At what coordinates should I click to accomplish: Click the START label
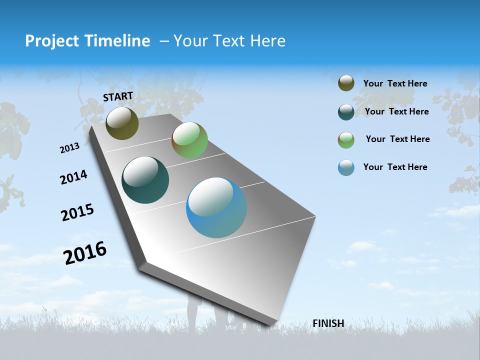click(x=118, y=96)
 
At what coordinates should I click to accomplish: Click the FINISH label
click(x=328, y=323)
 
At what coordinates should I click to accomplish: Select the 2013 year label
click(x=69, y=148)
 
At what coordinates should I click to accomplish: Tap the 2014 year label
click(x=73, y=177)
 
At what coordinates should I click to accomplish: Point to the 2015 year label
click(x=77, y=212)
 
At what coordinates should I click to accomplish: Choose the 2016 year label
click(x=85, y=253)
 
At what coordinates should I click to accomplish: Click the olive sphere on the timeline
click(x=122, y=123)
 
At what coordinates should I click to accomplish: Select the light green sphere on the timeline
click(x=189, y=140)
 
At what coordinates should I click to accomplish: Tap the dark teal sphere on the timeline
click(x=145, y=180)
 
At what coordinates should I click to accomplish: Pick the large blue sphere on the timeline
click(x=216, y=207)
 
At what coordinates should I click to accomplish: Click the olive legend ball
click(x=346, y=83)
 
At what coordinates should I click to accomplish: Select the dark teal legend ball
click(x=346, y=112)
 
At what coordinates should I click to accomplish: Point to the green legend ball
click(x=346, y=140)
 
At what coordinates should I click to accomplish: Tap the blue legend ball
click(x=346, y=167)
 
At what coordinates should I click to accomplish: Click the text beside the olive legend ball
click(x=395, y=84)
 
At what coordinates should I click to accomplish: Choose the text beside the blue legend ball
click(x=395, y=167)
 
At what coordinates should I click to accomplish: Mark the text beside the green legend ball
click(x=397, y=139)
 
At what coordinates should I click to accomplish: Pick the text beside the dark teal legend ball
click(x=396, y=111)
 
